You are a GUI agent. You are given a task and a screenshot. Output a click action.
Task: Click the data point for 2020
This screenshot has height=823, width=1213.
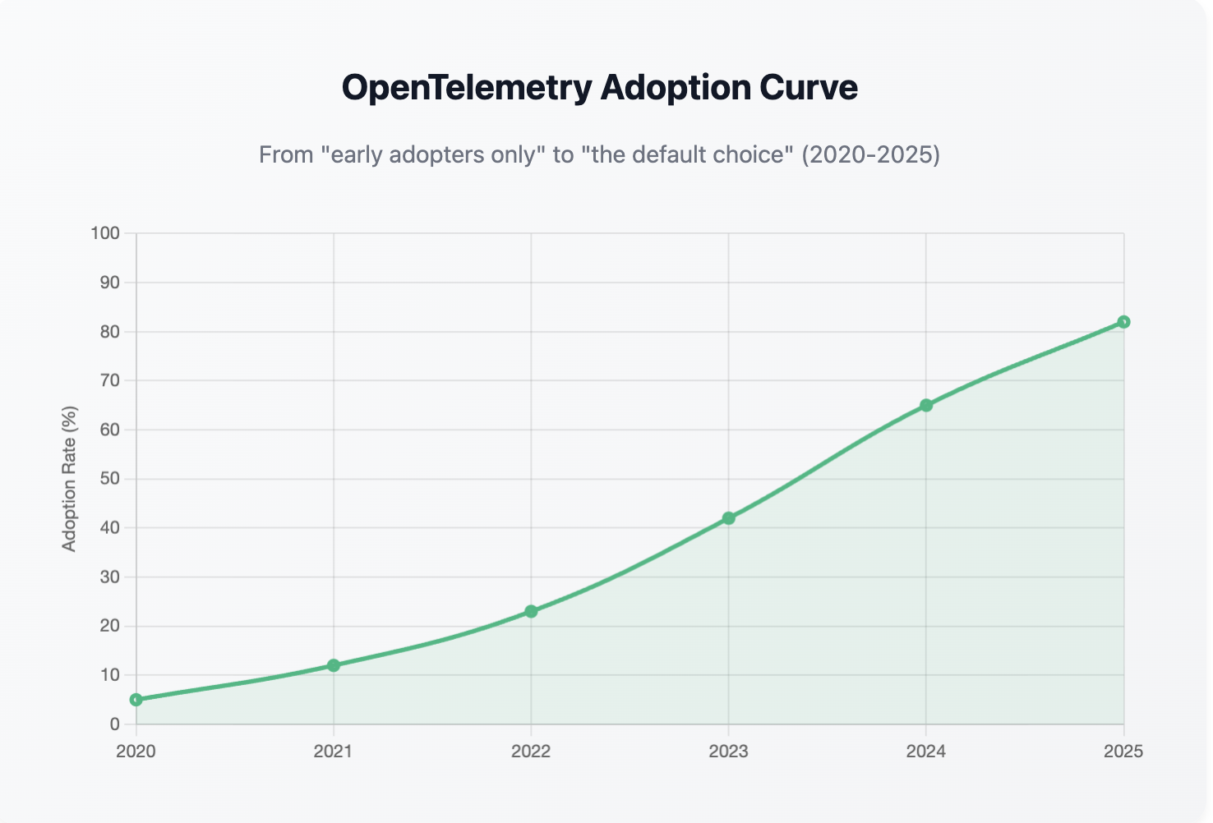(x=136, y=700)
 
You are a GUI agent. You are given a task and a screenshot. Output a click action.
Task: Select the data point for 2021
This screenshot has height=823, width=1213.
(x=334, y=665)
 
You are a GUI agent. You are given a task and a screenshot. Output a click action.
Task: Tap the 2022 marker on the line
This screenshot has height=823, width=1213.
(x=531, y=611)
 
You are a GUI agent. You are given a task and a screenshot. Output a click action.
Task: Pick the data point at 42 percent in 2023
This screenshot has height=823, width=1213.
(x=728, y=518)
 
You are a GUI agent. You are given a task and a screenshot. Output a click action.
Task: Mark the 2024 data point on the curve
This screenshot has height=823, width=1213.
(x=926, y=405)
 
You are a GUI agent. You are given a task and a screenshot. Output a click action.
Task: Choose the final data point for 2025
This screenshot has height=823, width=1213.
(x=1123, y=322)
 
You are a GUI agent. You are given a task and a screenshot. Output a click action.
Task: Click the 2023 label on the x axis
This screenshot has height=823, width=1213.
(x=728, y=752)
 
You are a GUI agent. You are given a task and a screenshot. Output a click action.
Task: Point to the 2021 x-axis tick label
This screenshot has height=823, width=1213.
(x=334, y=752)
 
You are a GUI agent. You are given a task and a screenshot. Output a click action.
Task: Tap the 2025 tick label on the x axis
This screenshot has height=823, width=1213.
(x=1123, y=752)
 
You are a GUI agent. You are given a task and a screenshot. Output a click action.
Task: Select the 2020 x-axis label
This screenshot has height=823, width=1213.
(x=136, y=752)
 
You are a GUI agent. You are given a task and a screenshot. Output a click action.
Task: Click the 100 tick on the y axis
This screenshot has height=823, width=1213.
(x=105, y=233)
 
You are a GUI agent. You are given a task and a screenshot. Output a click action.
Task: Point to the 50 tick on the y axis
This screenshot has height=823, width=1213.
(x=109, y=479)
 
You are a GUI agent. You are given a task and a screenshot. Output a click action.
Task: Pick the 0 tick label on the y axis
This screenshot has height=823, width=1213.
(x=114, y=724)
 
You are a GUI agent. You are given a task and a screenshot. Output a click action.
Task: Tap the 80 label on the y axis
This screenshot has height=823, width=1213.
(x=109, y=332)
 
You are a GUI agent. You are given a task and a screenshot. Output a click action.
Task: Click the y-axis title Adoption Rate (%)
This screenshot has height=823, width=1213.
(x=70, y=479)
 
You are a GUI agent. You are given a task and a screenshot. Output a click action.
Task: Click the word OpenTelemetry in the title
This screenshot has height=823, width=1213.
(x=466, y=88)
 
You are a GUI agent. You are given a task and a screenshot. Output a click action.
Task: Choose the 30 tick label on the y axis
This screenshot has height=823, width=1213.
(x=109, y=577)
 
